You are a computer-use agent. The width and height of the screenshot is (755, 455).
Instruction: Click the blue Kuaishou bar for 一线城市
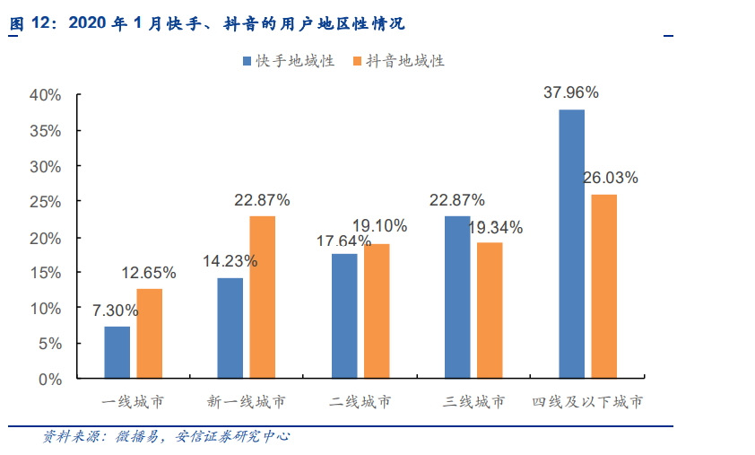pyautogui.click(x=117, y=352)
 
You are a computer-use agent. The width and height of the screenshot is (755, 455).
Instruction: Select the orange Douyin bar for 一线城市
pyautogui.click(x=149, y=333)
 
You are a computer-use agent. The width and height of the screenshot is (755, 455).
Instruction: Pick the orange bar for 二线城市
pyautogui.click(x=377, y=311)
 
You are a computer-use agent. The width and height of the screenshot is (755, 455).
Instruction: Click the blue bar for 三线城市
pyautogui.click(x=457, y=297)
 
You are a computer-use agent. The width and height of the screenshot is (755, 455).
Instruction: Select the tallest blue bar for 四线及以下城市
pyautogui.click(x=571, y=243)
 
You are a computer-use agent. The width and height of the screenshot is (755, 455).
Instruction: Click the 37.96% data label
pyautogui.click(x=571, y=92)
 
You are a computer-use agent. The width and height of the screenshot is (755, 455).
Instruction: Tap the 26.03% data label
pyautogui.click(x=611, y=178)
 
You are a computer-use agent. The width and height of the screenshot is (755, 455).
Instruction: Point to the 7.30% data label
pyautogui.click(x=116, y=311)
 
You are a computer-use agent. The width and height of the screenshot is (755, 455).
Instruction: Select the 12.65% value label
pyautogui.click(x=149, y=273)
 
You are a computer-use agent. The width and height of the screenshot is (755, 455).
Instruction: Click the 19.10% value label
pyautogui.click(x=379, y=226)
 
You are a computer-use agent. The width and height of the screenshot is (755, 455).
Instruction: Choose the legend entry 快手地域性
pyautogui.click(x=288, y=61)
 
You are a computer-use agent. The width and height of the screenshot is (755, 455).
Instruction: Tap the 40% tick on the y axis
pyautogui.click(x=45, y=95)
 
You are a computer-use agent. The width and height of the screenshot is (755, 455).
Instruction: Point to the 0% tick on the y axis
pyautogui.click(x=49, y=379)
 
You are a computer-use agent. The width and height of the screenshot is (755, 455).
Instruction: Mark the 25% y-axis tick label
pyautogui.click(x=45, y=202)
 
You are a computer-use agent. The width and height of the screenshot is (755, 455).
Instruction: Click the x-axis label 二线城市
pyautogui.click(x=360, y=402)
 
